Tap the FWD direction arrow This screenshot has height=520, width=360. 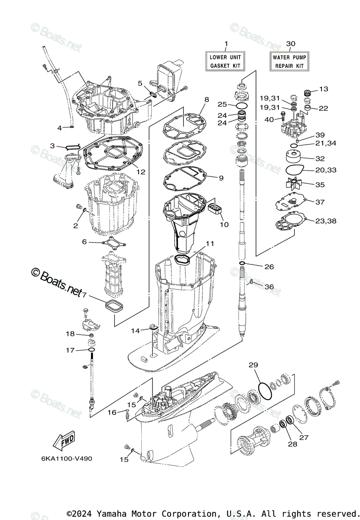(x=64, y=441)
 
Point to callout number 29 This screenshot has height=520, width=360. (x=253, y=365)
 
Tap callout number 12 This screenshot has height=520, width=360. (x=141, y=172)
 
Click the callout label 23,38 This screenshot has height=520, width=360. (x=326, y=221)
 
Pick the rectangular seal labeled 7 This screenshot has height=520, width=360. (x=115, y=305)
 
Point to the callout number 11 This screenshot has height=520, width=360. (x=210, y=244)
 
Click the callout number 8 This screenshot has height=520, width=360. (x=206, y=99)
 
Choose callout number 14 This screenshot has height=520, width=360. (x=136, y=331)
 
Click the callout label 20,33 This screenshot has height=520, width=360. (x=326, y=170)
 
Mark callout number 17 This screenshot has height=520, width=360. (x=70, y=350)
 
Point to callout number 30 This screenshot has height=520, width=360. (x=291, y=44)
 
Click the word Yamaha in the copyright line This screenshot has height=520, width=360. (x=112, y=513)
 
